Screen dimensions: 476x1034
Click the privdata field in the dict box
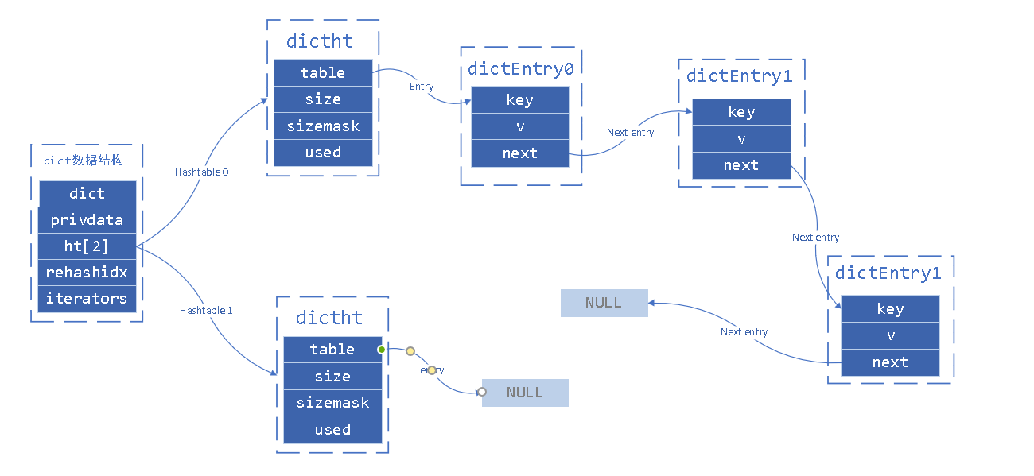(87, 220)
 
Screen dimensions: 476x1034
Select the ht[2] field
(87, 246)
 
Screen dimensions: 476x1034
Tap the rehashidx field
(87, 273)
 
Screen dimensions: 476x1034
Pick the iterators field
(87, 299)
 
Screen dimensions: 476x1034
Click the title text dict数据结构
(84, 161)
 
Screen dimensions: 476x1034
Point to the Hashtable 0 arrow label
(202, 172)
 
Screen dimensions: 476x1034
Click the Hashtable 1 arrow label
(206, 310)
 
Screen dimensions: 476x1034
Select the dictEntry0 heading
(520, 68)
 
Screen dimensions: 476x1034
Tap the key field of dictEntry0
(520, 100)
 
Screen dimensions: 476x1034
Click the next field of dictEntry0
(520, 153)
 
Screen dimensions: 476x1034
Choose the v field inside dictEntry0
(520, 127)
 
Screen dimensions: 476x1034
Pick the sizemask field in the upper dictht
(323, 126)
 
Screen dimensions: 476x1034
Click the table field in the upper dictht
(323, 73)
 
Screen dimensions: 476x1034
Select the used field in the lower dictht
(332, 430)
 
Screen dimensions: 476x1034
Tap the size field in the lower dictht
(332, 377)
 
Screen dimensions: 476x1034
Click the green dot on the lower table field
(382, 350)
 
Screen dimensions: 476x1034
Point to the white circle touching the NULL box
(482, 392)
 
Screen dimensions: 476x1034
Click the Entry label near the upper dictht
(422, 86)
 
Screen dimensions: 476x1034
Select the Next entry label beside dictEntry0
(630, 133)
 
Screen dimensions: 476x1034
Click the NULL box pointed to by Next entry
(604, 303)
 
